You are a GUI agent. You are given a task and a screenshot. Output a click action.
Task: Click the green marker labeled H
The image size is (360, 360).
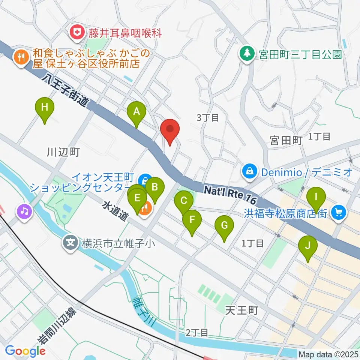[45, 108]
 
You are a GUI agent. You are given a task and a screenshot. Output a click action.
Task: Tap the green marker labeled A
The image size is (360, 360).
[136, 111]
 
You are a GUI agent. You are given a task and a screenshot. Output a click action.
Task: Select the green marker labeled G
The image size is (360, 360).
[224, 226]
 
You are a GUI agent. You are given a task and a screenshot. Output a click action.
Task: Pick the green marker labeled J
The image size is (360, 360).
[308, 246]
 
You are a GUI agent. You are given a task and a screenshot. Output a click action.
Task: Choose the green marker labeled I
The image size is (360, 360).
[316, 197]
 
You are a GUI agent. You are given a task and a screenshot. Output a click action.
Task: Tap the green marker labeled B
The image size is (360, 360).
[155, 186]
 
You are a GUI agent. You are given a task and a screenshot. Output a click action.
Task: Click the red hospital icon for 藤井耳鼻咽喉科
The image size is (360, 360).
[77, 33]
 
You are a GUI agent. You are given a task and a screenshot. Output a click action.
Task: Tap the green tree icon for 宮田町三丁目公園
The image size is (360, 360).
[247, 53]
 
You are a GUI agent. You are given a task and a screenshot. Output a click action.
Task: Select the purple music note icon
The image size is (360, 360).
[24, 211]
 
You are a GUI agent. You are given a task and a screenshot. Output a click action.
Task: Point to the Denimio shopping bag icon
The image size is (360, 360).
[249, 172]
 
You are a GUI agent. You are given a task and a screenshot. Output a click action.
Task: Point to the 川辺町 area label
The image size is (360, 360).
[63, 152]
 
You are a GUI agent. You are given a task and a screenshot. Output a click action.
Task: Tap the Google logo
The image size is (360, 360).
[25, 351]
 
